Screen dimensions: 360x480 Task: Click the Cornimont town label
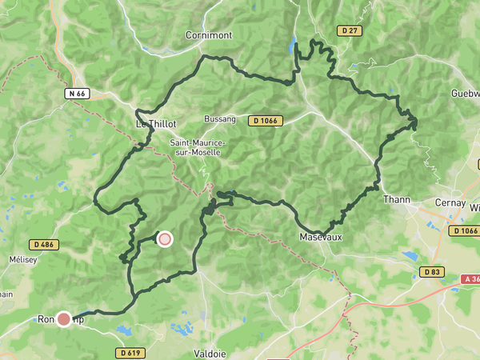coord(209,35)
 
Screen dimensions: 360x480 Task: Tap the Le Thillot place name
coord(155,124)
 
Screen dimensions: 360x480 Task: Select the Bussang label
coord(220,119)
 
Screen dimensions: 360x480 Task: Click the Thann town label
coord(397,199)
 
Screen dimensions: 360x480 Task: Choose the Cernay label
coord(450,203)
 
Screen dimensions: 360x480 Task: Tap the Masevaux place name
coord(321,238)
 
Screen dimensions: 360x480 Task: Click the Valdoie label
coord(211,352)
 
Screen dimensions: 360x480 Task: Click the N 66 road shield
coord(77,94)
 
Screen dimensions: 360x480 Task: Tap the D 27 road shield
coord(349,30)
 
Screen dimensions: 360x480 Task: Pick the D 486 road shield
coord(44,244)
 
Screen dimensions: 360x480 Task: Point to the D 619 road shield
coord(130,352)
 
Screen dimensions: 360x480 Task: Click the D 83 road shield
coord(431,272)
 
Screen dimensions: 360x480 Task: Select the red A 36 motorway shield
coord(470,279)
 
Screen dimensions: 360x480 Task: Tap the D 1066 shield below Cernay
coord(464,230)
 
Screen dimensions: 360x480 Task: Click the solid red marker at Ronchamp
coord(63,319)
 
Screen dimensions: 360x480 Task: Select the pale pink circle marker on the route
coord(165,238)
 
